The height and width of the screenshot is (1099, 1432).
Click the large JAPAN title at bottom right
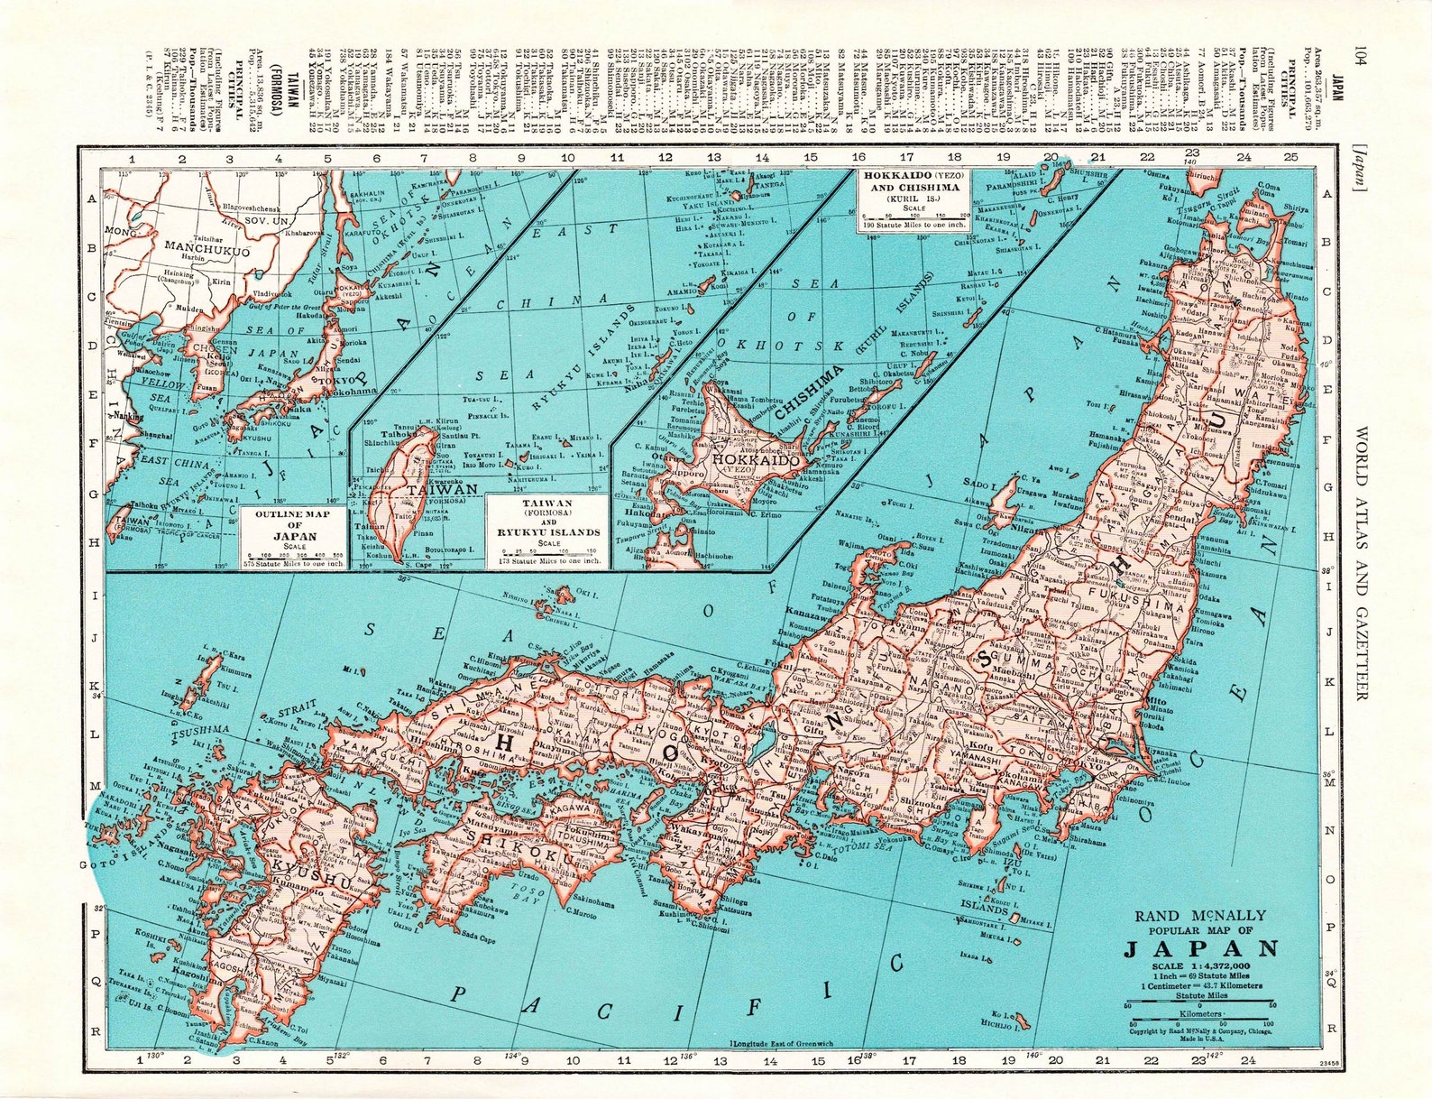click(x=1200, y=949)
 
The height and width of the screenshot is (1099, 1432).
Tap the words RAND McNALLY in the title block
click(x=1199, y=916)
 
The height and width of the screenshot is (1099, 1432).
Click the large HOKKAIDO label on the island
click(x=756, y=460)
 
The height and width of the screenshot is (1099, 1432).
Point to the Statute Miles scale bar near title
click(x=1199, y=1003)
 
